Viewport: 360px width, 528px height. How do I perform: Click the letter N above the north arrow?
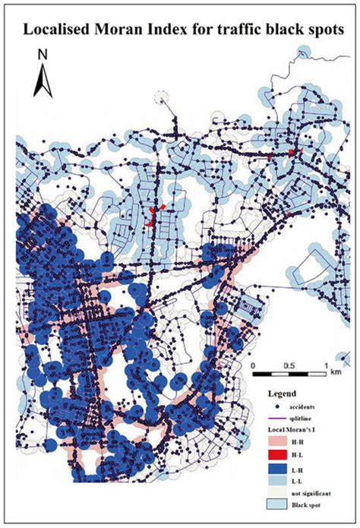(x=43, y=55)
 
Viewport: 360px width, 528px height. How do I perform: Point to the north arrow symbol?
(x=43, y=79)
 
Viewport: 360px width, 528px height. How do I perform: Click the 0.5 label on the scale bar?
(x=289, y=365)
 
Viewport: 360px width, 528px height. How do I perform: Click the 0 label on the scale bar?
(x=254, y=365)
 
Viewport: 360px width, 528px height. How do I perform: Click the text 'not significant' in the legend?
(x=310, y=492)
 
